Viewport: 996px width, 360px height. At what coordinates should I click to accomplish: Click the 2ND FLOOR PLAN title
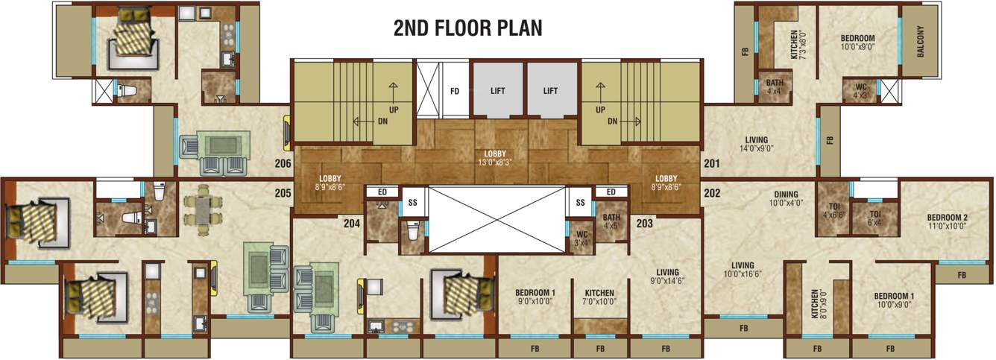point(467,28)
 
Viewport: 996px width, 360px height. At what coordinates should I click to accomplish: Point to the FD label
point(454,92)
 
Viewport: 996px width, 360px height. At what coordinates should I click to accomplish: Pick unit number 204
point(351,222)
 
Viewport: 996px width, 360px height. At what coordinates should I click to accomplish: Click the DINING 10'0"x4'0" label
point(785,198)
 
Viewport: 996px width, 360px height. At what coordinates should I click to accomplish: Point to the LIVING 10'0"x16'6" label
point(743,269)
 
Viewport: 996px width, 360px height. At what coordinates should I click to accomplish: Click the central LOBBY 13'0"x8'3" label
point(496,157)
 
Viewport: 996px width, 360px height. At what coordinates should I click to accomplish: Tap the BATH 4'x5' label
point(611,221)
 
